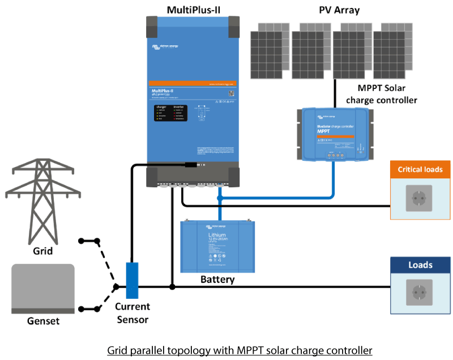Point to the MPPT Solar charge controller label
pyautogui.click(x=387, y=94)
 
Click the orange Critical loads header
pyautogui.click(x=420, y=169)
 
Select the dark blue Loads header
pyautogui.click(x=420, y=265)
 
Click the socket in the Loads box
pyautogui.click(x=419, y=294)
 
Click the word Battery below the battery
pyautogui.click(x=217, y=280)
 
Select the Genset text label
pyautogui.click(x=43, y=321)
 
